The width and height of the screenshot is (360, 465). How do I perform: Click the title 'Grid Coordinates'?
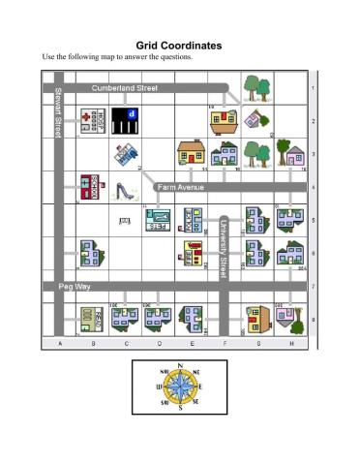point(179,45)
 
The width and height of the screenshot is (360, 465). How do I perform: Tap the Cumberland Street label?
point(124,88)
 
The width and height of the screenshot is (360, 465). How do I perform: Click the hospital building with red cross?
point(91,122)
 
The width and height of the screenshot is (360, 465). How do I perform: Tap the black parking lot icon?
point(125,120)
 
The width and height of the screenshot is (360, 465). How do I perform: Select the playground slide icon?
point(125,189)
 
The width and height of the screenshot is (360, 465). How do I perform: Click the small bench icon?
point(125,222)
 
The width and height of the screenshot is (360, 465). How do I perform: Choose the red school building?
point(90,186)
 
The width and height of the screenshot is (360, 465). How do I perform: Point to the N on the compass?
point(179,365)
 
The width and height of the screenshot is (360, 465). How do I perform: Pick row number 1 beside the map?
point(312,88)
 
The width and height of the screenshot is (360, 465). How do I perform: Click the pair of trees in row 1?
point(256,88)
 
